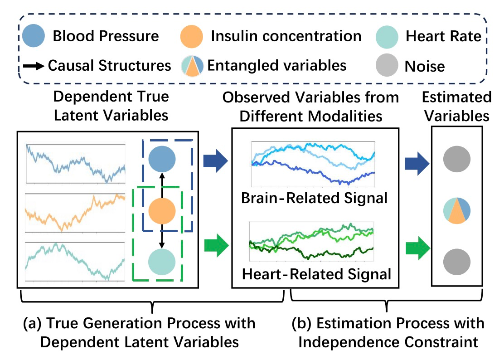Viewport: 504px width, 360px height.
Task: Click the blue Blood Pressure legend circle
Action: click(x=34, y=36)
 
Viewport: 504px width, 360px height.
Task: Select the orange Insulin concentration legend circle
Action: click(x=192, y=37)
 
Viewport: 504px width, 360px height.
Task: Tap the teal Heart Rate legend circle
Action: click(x=387, y=37)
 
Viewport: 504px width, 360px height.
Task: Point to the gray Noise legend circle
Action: click(x=387, y=65)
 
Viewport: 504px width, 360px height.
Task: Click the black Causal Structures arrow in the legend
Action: click(x=34, y=66)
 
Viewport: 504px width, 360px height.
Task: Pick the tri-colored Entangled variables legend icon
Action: click(x=192, y=66)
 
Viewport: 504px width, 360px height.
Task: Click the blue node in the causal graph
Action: click(x=162, y=159)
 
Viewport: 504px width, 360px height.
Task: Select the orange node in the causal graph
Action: click(x=162, y=211)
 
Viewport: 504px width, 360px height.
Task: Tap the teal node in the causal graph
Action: click(x=162, y=262)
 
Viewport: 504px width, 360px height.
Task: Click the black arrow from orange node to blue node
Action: click(x=162, y=185)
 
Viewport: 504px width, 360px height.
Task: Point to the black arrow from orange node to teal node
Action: click(x=162, y=236)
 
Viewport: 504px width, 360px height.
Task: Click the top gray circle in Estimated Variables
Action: click(x=457, y=159)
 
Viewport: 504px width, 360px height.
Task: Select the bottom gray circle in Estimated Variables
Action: click(x=457, y=262)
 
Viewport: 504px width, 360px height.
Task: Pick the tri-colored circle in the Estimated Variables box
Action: click(x=457, y=211)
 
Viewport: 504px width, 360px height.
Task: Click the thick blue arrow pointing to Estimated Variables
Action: click(x=417, y=164)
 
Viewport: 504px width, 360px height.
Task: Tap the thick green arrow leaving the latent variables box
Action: click(x=216, y=245)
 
